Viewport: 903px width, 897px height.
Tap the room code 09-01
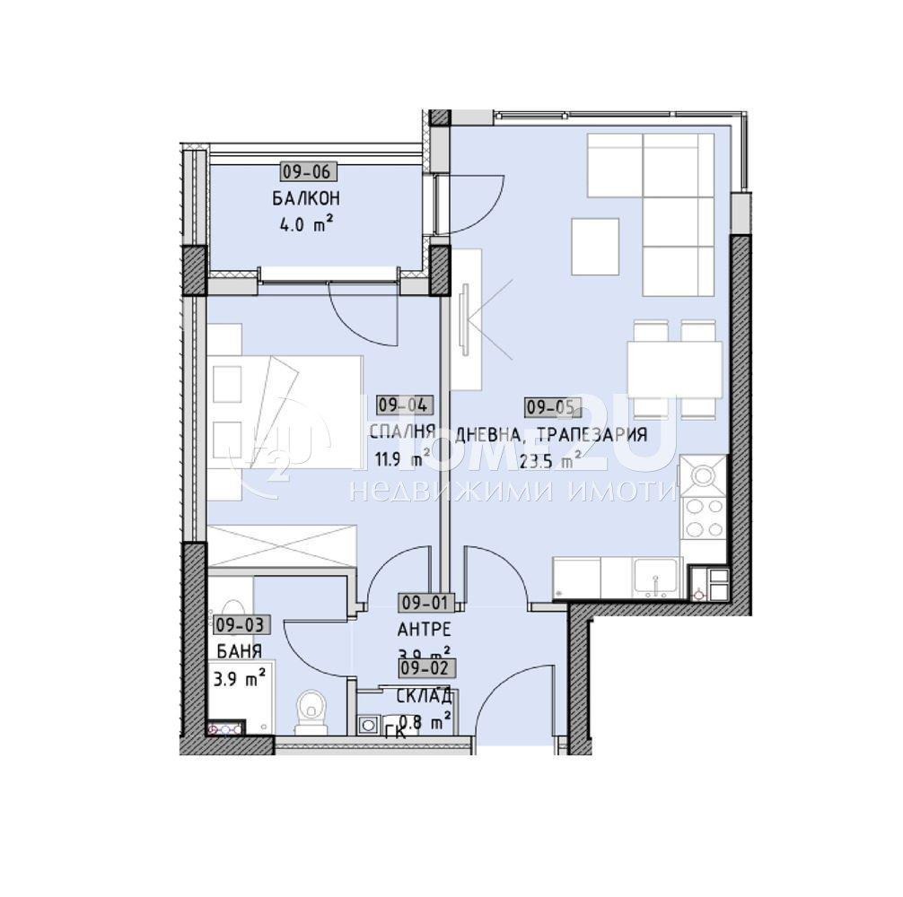tap(427, 603)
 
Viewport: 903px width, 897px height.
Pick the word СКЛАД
tap(424, 694)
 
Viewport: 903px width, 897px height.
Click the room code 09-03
tap(237, 624)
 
